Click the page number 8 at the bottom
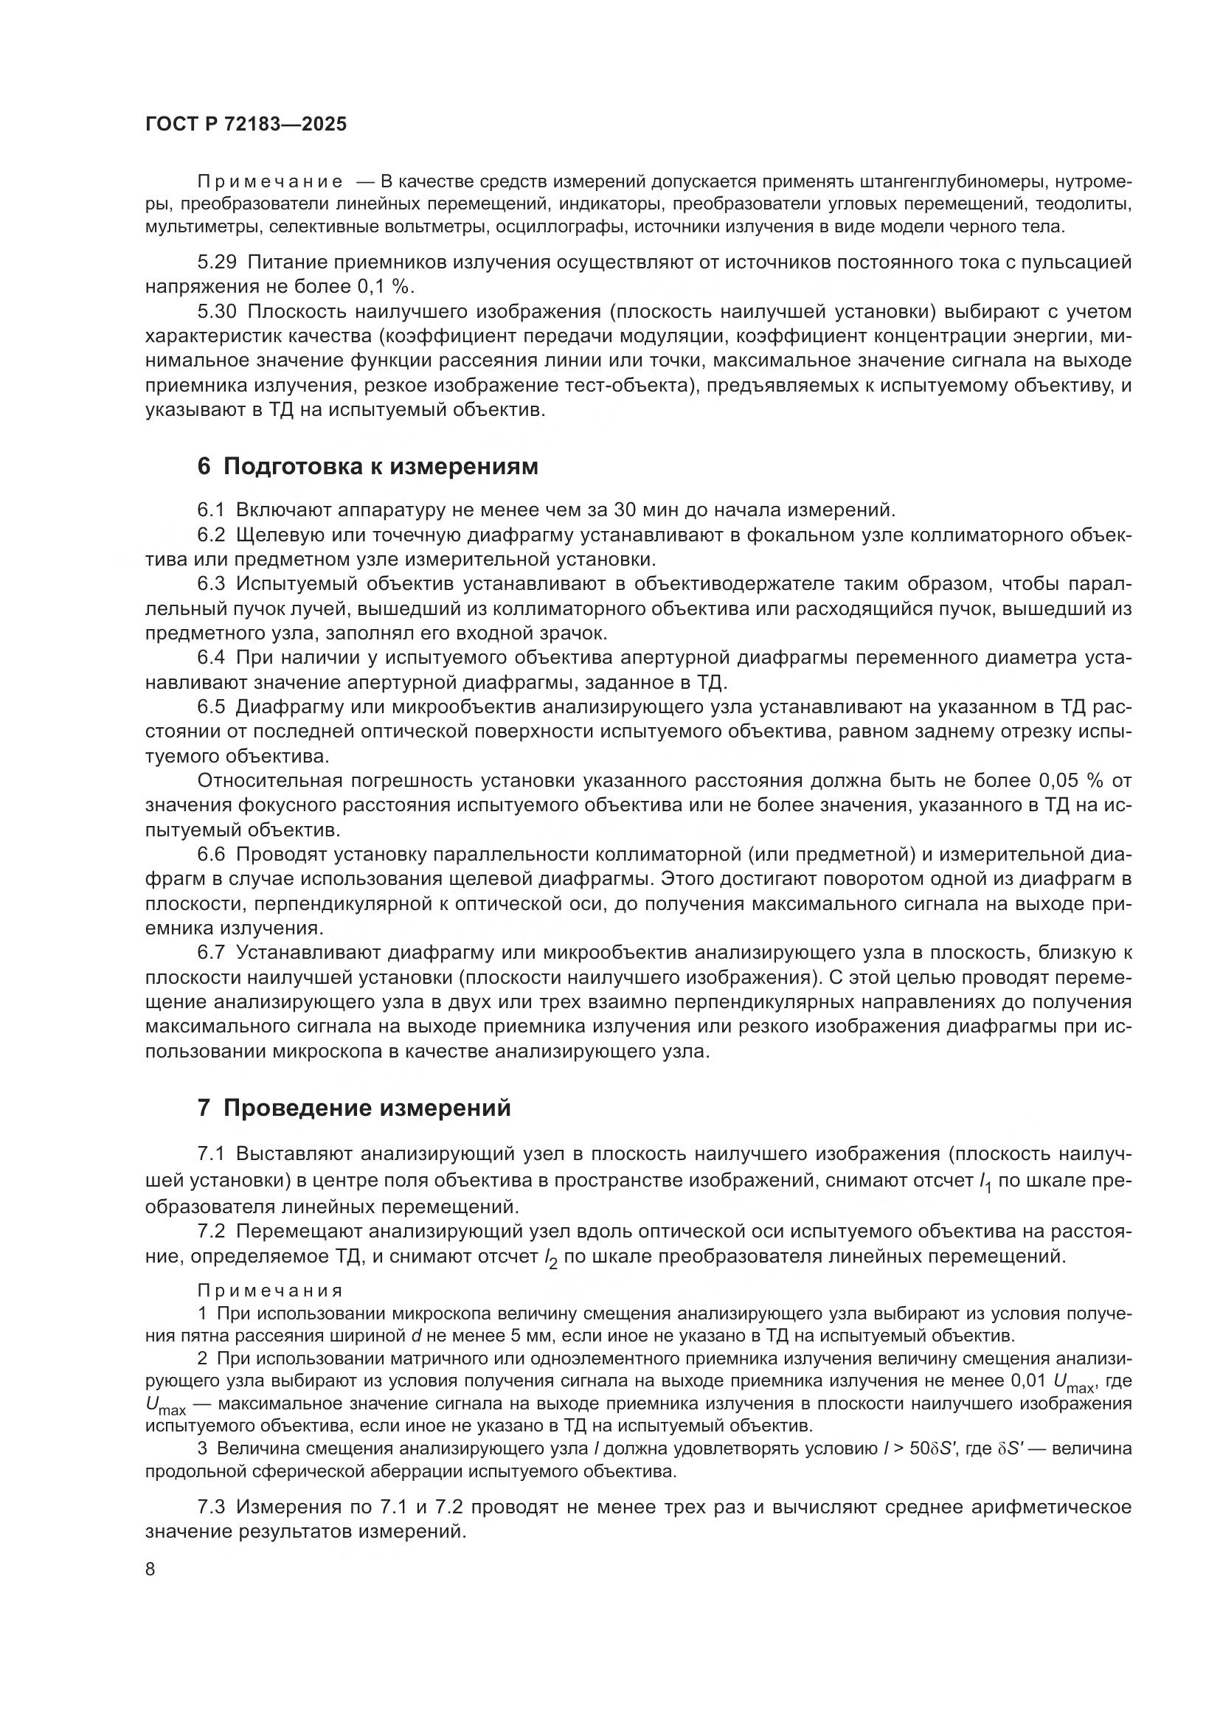[x=150, y=1569]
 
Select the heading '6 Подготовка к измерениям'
[x=368, y=467]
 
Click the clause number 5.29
[x=217, y=263]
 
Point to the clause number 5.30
[x=217, y=311]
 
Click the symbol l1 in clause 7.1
[x=985, y=1181]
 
